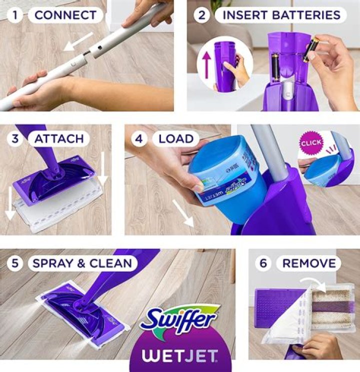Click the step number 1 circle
point(15,15)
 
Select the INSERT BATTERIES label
point(280,15)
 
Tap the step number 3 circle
point(15,138)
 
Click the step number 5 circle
point(15,263)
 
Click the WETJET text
point(180,356)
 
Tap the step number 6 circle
point(263,263)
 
